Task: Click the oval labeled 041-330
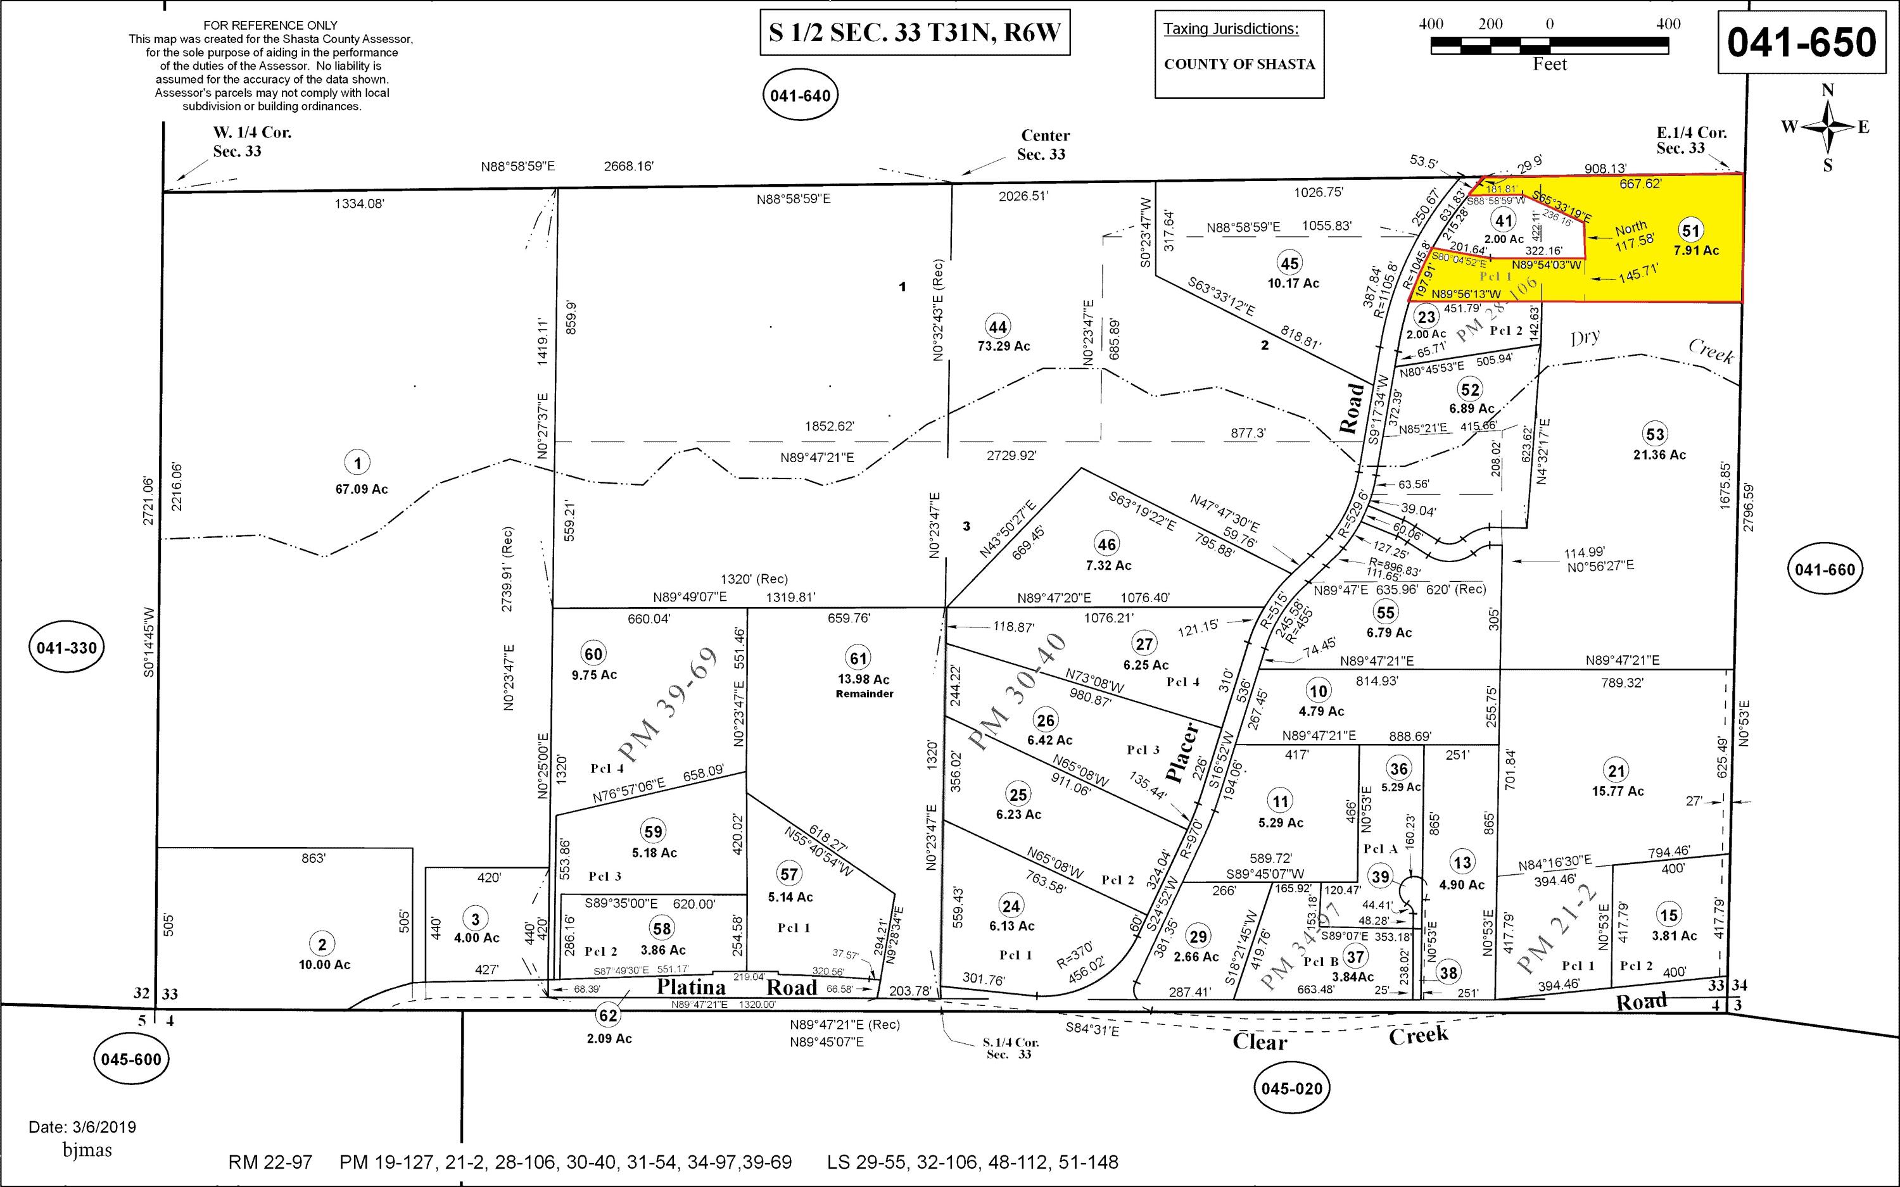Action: point(66,648)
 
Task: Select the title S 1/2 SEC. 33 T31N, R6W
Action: point(915,33)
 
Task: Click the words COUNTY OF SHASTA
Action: point(1239,65)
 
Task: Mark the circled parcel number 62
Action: point(609,1015)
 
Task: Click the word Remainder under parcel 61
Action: point(864,694)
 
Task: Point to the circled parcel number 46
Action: point(1106,543)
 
